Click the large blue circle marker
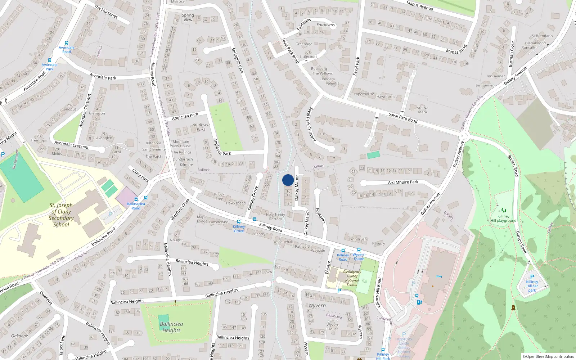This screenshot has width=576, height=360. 288,180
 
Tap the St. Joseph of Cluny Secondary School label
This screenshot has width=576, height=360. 61,215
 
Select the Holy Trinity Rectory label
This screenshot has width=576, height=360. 275,217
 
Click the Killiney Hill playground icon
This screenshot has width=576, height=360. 503,210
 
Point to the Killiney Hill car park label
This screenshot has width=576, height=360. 532,286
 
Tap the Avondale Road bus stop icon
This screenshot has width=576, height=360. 67,43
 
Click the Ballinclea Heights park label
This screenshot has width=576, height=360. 171,327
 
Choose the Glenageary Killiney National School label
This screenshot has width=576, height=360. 352,278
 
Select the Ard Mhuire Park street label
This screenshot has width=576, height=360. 403,182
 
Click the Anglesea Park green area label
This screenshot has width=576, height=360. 201,127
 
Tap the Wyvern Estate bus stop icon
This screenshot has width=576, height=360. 359,250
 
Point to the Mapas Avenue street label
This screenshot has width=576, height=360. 420,6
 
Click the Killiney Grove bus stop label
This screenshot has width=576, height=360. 239,229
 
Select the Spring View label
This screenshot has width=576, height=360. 188,18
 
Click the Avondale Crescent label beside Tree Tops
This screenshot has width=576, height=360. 71,145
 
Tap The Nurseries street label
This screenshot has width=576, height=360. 106,12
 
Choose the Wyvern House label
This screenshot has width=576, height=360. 333,327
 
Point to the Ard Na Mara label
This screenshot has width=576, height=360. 422,110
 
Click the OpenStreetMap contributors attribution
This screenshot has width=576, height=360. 548,356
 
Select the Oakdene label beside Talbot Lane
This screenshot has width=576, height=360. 19,336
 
